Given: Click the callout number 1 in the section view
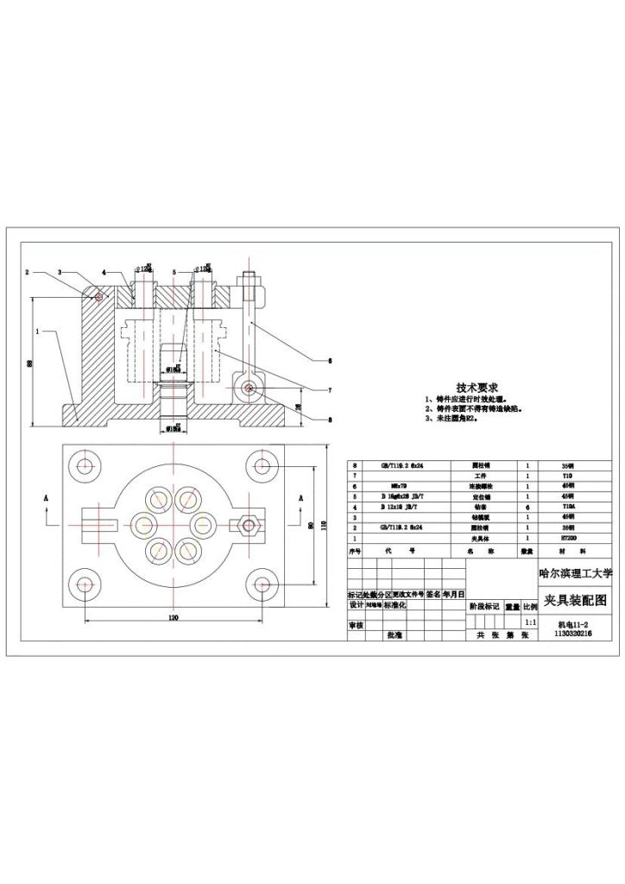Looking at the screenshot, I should click(x=37, y=330).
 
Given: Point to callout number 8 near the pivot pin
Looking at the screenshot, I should click(x=330, y=420).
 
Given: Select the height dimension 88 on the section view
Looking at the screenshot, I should click(x=28, y=363).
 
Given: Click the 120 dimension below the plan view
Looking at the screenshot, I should click(x=173, y=619).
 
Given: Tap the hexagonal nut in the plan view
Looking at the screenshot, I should click(x=253, y=524).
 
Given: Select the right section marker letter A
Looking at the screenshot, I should click(x=300, y=498).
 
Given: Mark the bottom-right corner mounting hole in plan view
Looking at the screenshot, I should click(x=259, y=584).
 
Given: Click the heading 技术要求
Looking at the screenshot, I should click(x=475, y=388).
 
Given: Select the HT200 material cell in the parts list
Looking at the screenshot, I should click(x=567, y=537).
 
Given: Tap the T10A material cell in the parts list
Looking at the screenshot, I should click(x=567, y=507).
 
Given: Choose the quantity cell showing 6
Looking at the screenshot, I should click(x=527, y=507).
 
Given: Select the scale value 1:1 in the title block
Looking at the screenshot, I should click(x=530, y=621).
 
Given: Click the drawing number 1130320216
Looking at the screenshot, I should click(x=566, y=633).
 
